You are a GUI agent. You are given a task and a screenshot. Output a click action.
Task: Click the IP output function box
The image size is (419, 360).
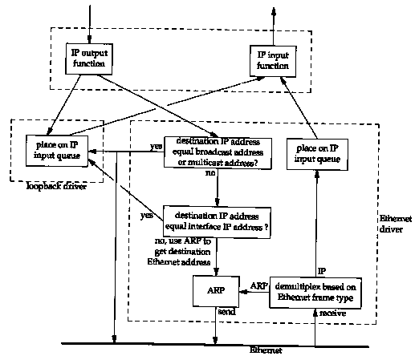89,59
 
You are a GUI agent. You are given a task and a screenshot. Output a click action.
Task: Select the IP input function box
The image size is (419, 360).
273,61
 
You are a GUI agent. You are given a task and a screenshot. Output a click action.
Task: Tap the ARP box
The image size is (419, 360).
216,291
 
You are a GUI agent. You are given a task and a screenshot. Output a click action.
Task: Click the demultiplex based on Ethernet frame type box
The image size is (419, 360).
315,293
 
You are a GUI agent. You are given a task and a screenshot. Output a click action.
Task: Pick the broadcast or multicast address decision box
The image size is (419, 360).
218,152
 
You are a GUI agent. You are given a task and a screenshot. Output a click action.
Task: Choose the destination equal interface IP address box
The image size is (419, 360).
217,222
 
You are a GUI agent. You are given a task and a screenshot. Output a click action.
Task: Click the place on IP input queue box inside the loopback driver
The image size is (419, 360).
57,151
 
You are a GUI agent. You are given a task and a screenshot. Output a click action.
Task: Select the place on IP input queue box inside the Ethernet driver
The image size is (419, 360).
317,154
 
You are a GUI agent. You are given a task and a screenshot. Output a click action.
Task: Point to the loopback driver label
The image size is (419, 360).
56,186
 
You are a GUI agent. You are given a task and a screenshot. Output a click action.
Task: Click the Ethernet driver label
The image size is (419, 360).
396,224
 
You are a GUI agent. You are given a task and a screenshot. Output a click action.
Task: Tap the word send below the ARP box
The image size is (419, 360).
226,312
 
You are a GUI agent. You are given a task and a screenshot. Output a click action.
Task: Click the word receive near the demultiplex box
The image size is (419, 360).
332,313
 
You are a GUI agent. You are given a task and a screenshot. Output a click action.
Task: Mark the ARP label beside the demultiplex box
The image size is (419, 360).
259,285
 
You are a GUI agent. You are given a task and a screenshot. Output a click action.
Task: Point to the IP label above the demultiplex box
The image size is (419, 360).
322,271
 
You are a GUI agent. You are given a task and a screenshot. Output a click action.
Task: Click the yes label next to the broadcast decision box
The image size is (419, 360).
156,146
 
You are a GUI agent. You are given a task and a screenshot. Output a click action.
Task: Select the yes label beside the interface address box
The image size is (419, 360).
147,215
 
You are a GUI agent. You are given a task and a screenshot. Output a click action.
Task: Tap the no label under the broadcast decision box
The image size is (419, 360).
210,173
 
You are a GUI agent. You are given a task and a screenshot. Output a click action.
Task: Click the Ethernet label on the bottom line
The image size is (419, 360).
266,350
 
